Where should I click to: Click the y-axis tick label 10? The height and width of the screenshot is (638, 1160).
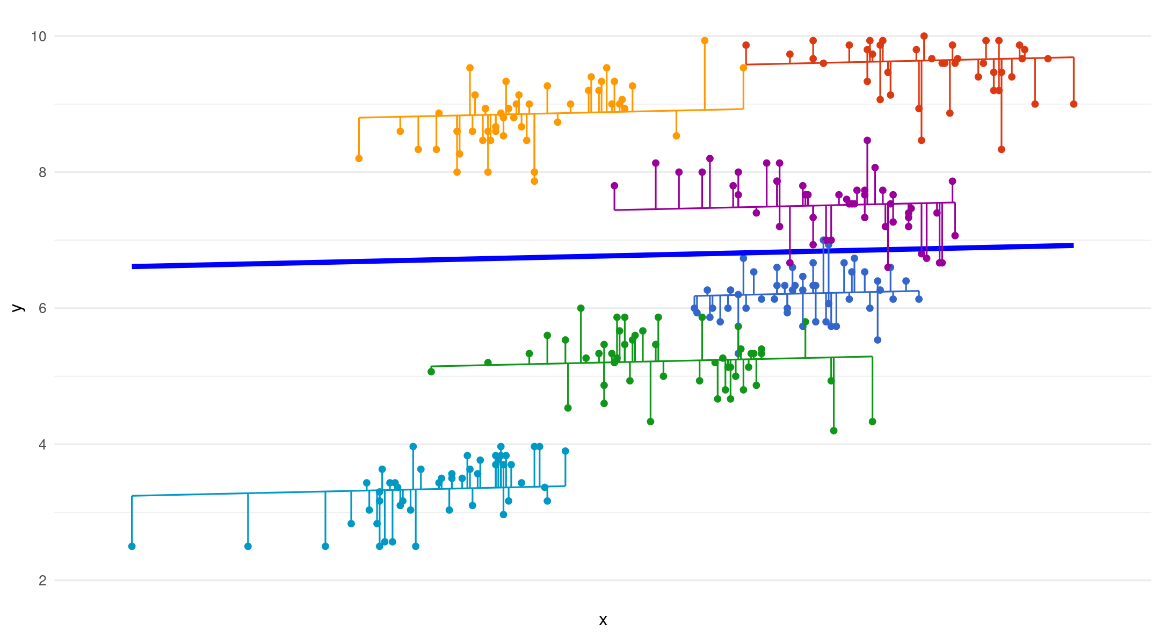pyautogui.click(x=39, y=37)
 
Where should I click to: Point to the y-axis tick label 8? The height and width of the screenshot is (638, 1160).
pyautogui.click(x=42, y=172)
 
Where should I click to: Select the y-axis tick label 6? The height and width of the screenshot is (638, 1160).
pyautogui.click(x=42, y=308)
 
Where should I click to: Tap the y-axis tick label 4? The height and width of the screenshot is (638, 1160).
pyautogui.click(x=42, y=445)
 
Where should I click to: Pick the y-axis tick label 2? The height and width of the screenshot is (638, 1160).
pyautogui.click(x=42, y=581)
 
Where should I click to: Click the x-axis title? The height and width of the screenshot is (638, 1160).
pyautogui.click(x=603, y=620)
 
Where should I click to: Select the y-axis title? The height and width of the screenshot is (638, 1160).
pyautogui.click(x=18, y=308)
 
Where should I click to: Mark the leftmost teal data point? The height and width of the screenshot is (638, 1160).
pyautogui.click(x=132, y=546)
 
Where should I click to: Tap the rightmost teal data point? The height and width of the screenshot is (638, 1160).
pyautogui.click(x=565, y=451)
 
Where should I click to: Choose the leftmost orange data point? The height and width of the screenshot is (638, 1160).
pyautogui.click(x=359, y=158)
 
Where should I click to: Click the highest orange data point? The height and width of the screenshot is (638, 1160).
pyautogui.click(x=705, y=41)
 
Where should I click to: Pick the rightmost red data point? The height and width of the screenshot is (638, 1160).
pyautogui.click(x=1074, y=104)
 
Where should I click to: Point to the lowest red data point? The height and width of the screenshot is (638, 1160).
pyautogui.click(x=1001, y=149)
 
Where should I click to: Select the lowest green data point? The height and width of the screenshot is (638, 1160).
pyautogui.click(x=833, y=431)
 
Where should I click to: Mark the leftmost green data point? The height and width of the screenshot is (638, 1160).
pyautogui.click(x=431, y=372)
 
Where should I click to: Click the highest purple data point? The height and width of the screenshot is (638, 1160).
pyautogui.click(x=867, y=141)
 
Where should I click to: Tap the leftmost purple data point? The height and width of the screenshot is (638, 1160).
pyautogui.click(x=614, y=186)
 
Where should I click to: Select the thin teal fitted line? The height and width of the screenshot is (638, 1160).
pyautogui.click(x=269, y=492)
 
